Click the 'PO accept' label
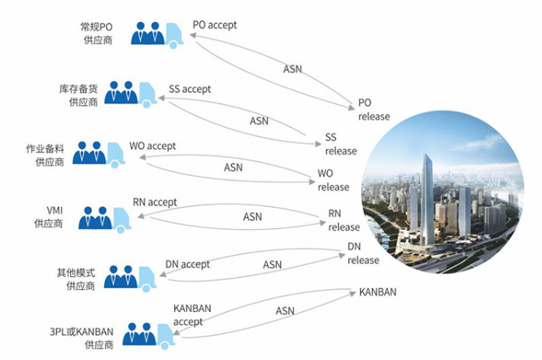[x=215, y=24]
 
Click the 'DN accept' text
[x=187, y=264]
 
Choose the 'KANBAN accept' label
[x=193, y=314]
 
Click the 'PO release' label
[x=374, y=110]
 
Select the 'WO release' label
[x=333, y=180]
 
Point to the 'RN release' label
[x=343, y=221]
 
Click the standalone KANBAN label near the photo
[x=378, y=292]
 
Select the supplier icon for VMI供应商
[x=103, y=217]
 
